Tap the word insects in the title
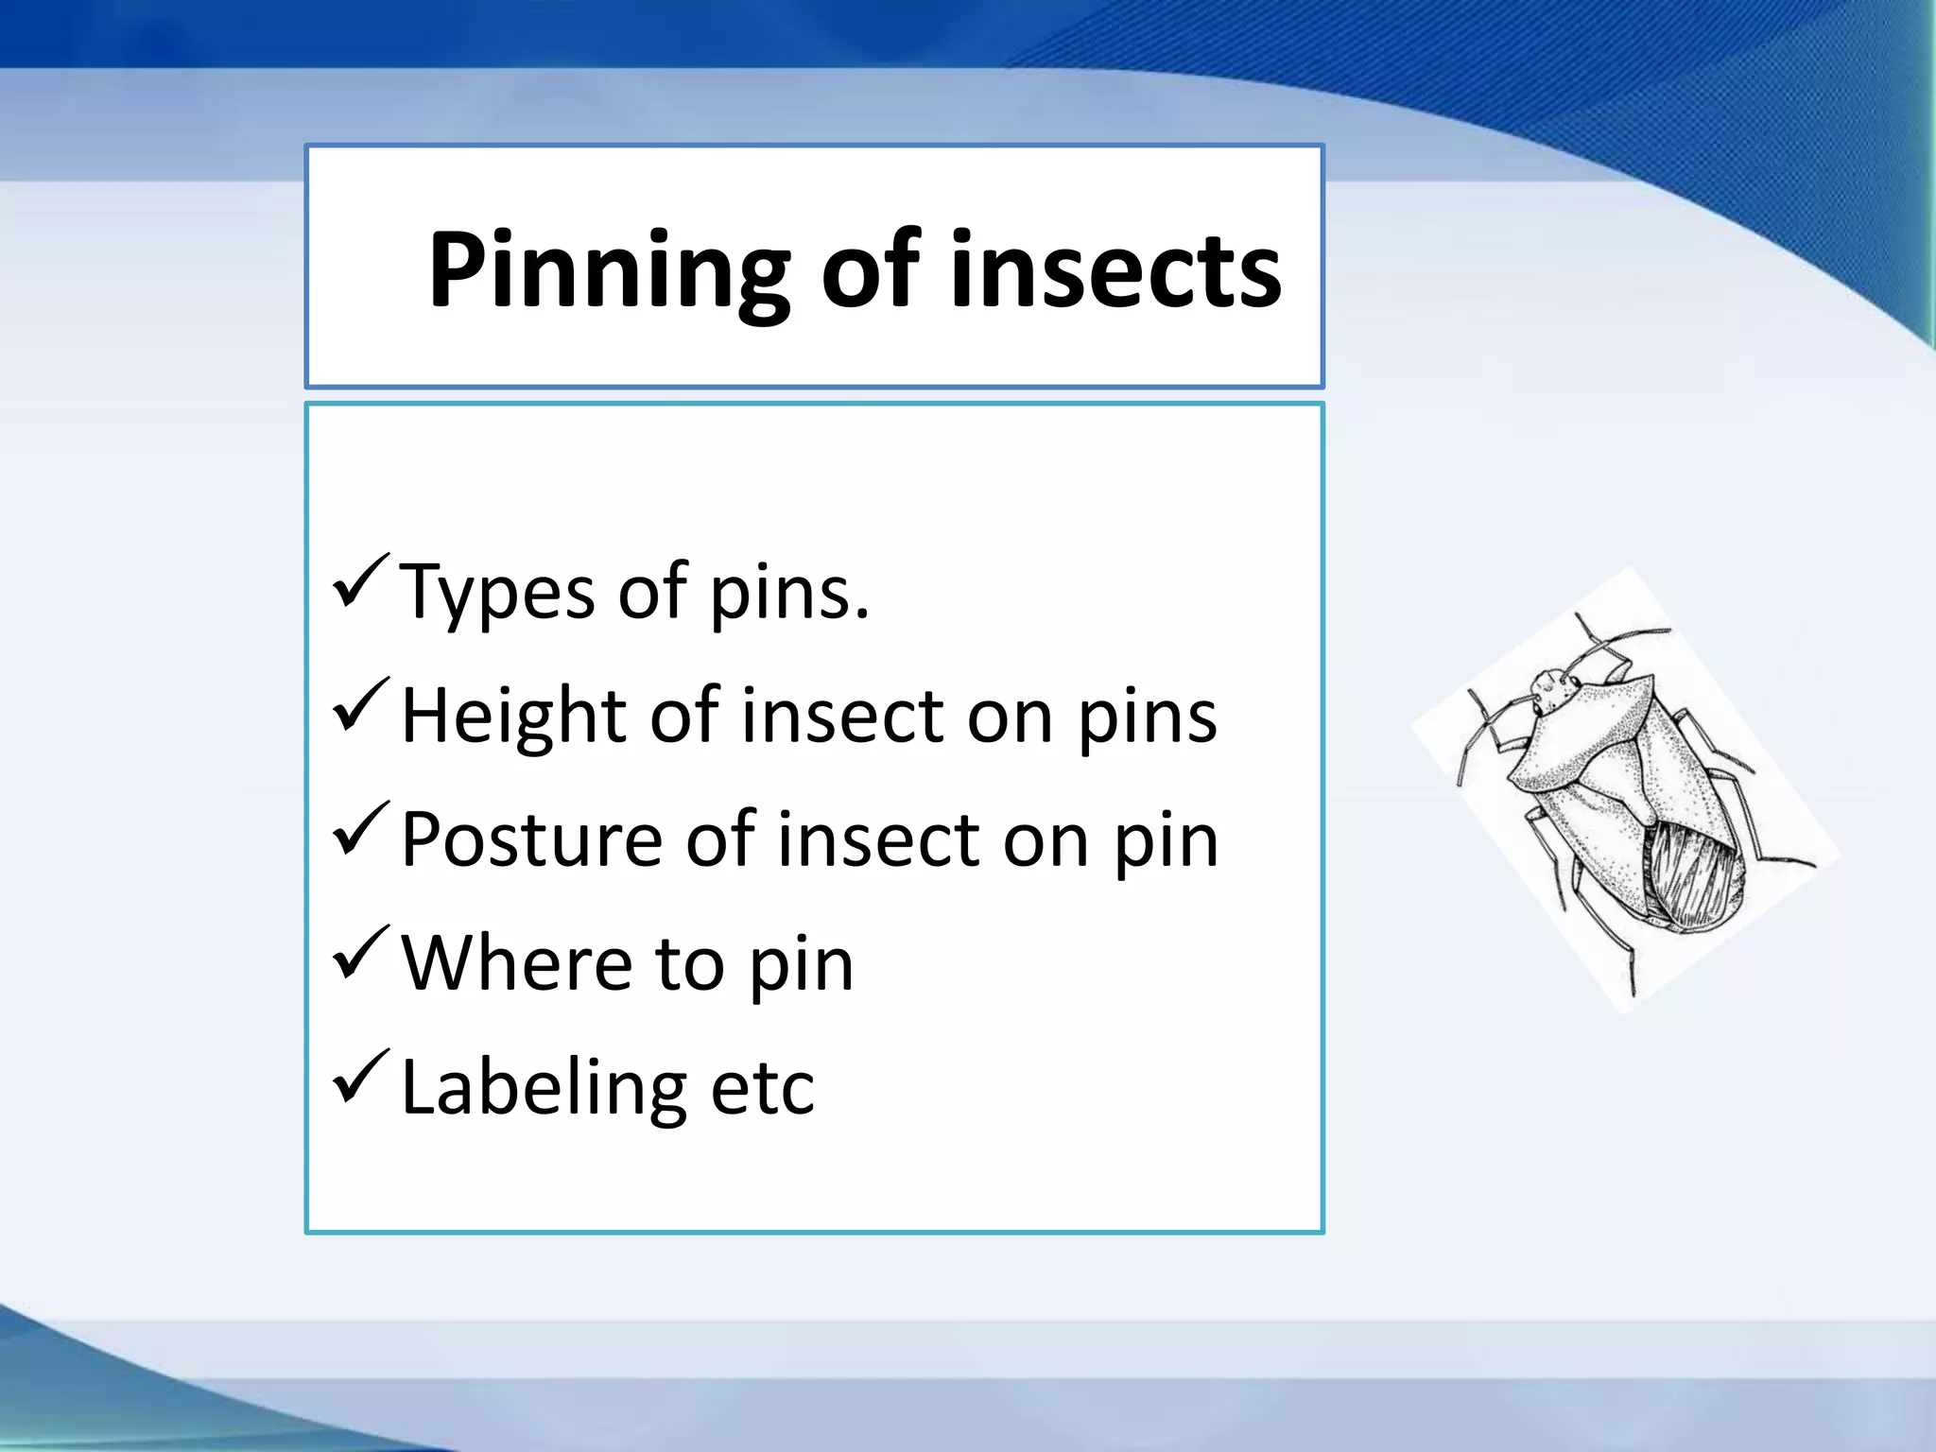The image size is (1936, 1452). tap(1115, 270)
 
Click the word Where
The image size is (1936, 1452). tap(516, 963)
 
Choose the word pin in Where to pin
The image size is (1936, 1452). tap(802, 967)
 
